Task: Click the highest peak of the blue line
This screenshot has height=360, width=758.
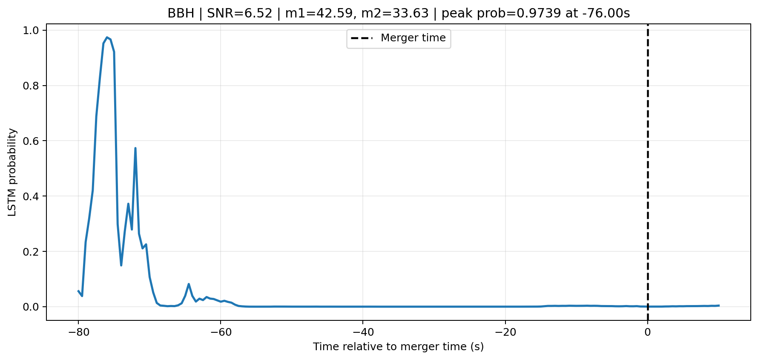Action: [107, 37]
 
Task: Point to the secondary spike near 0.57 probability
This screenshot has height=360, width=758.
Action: [135, 148]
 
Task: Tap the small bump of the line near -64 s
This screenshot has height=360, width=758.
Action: [189, 284]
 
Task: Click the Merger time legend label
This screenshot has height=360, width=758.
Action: [413, 38]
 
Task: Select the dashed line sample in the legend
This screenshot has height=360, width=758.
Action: [362, 38]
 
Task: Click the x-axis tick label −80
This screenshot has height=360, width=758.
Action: [78, 332]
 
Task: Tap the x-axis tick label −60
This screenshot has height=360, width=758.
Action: [220, 332]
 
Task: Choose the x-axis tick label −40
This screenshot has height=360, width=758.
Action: [362, 332]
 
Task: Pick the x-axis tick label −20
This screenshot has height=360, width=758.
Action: [505, 332]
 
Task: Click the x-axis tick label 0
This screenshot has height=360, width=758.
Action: [648, 332]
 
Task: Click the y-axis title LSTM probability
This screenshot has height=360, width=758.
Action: [12, 172]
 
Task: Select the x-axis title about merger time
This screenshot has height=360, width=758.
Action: [399, 347]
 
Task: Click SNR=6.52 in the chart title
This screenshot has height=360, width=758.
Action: [240, 13]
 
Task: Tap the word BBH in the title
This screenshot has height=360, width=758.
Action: [181, 13]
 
